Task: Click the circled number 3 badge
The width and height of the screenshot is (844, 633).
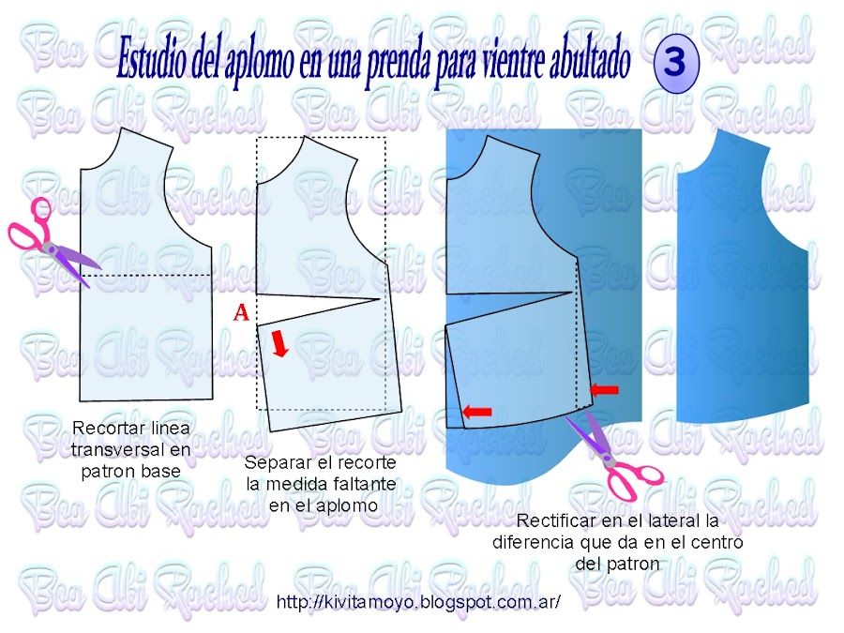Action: [676, 63]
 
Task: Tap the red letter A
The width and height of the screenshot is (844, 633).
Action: [241, 312]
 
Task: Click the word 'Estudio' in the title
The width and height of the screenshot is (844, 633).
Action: [152, 59]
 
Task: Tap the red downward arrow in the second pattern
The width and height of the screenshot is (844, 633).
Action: [279, 344]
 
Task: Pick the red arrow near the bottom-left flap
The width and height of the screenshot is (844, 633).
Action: [477, 412]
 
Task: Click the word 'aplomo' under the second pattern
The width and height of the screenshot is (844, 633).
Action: [347, 506]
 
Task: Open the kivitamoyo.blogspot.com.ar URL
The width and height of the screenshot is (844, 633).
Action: [418, 602]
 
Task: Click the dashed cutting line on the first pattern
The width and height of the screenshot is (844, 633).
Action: [146, 275]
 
